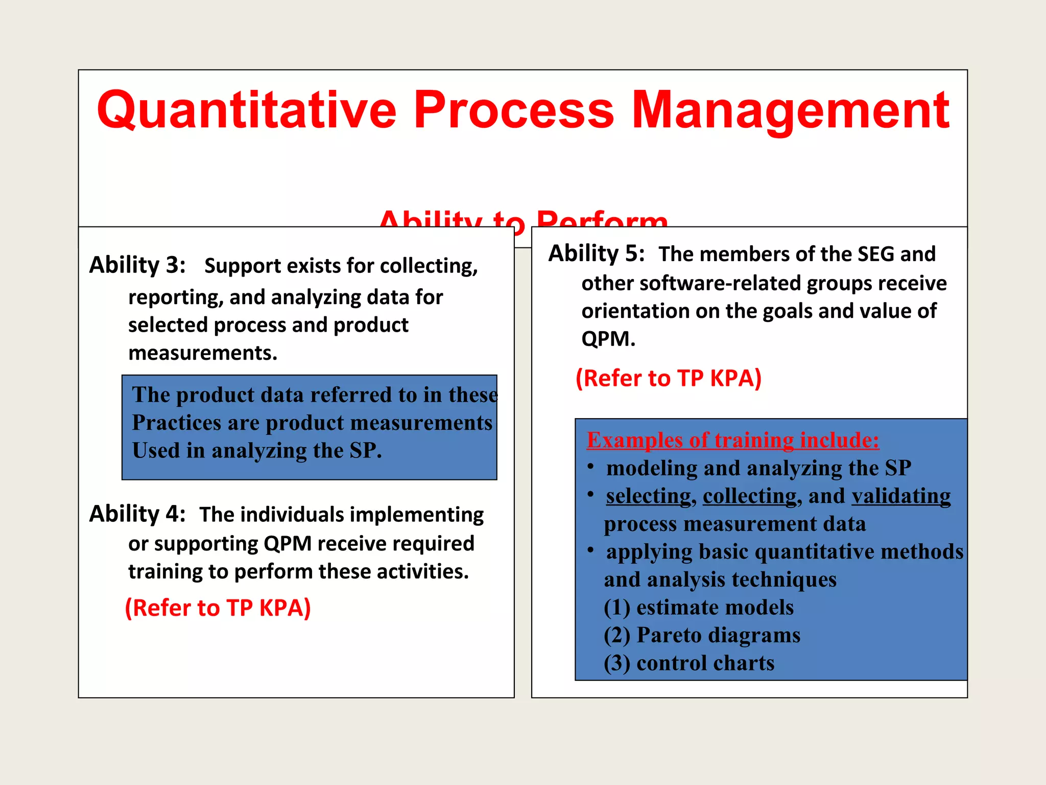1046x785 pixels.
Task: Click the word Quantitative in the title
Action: pos(246,110)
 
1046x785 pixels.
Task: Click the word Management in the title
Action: pos(790,110)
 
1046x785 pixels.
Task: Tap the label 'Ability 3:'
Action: pos(137,265)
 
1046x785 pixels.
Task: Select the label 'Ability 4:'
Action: pos(137,514)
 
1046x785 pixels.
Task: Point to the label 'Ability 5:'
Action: pos(596,253)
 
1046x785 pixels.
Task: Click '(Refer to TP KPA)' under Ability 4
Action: pos(218,608)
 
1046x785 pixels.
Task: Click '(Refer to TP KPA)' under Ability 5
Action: pos(669,378)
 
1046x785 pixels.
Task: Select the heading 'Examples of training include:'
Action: pos(733,440)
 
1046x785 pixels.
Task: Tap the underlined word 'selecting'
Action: pos(648,496)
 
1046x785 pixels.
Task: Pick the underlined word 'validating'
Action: pos(901,496)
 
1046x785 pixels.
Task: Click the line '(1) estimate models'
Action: pos(699,607)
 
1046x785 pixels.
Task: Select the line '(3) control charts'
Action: pos(689,663)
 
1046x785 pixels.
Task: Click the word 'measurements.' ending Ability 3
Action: pos(203,353)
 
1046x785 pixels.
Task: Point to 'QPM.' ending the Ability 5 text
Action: pos(608,339)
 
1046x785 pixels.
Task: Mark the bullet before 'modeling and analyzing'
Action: pos(590,466)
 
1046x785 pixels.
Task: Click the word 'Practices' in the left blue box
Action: pos(176,423)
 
